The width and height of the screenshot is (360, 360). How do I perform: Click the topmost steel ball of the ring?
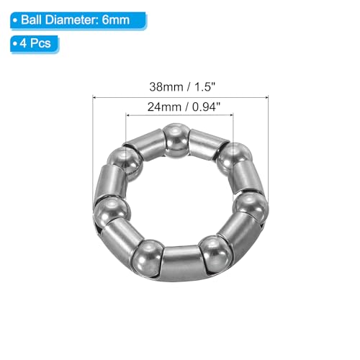tap(176, 138)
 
